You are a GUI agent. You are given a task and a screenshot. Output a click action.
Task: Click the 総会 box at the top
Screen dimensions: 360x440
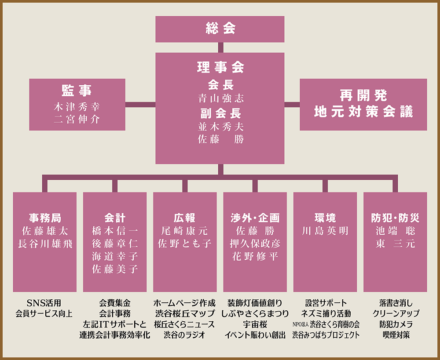(220, 29)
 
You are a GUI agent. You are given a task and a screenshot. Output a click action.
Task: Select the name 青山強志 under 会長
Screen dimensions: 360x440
(220, 98)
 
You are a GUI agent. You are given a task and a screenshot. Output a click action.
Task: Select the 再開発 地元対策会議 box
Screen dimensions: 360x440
(363, 104)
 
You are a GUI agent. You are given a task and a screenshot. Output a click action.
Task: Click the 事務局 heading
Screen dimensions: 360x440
(44, 218)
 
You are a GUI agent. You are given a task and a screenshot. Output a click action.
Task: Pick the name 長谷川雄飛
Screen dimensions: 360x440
(44, 244)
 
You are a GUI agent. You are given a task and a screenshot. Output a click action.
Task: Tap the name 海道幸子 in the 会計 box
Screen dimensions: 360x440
(115, 256)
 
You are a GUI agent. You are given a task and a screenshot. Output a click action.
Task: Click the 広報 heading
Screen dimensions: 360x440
(185, 218)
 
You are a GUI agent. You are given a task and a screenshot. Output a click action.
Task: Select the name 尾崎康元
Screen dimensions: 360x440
(185, 231)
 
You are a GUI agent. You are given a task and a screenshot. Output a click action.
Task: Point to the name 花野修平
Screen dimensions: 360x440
(255, 256)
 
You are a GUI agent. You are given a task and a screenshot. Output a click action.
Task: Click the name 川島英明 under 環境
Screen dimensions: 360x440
(325, 231)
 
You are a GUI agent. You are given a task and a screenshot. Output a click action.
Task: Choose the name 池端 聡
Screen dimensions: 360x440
(395, 231)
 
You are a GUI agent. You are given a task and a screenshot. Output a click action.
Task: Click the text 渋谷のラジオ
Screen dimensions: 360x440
(185, 335)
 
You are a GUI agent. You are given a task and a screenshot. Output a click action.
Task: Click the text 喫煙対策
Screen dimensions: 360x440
(396, 335)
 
